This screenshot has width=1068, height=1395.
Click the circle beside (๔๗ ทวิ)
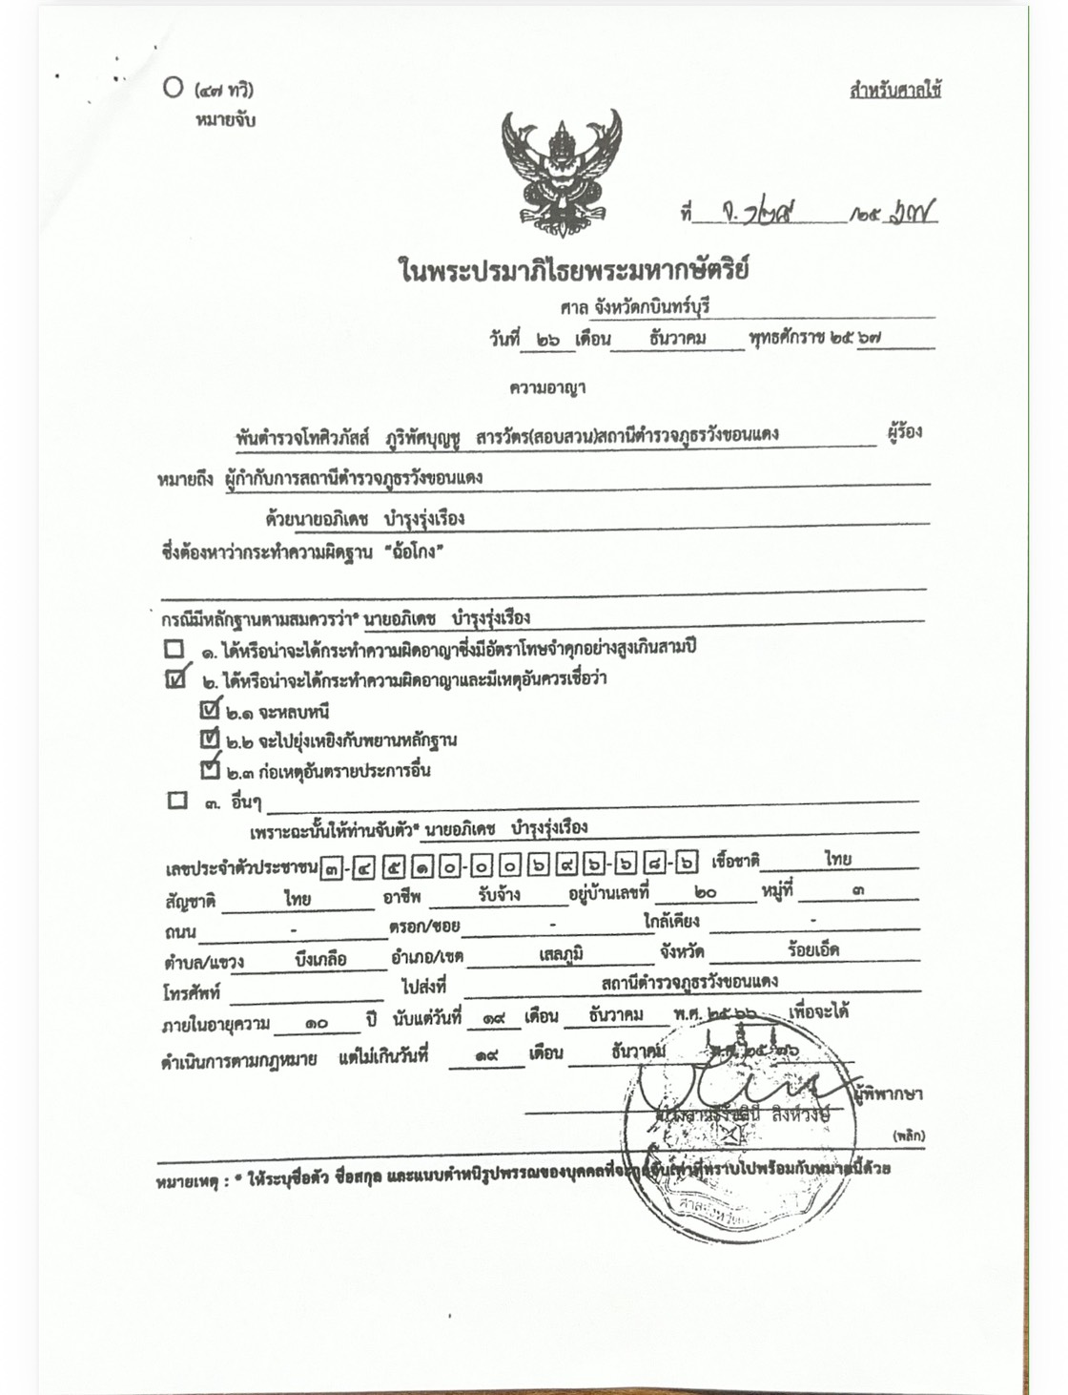[173, 88]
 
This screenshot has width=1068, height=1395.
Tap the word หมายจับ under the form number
[225, 120]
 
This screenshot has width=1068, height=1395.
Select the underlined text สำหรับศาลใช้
[894, 91]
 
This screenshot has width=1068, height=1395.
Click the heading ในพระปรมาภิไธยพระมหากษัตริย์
[574, 270]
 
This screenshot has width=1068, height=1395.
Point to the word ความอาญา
[547, 387]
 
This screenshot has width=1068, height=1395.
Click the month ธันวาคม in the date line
[677, 338]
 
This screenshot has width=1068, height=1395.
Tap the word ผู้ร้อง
[903, 431]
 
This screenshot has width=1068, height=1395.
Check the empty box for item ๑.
[174, 649]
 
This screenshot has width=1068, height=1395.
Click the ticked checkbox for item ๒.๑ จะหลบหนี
[211, 709]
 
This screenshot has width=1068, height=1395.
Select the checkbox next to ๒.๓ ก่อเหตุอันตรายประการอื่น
[210, 768]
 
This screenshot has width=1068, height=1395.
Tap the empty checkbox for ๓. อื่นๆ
[177, 800]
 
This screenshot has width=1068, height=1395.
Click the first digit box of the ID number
[331, 867]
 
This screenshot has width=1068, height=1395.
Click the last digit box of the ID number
[686, 864]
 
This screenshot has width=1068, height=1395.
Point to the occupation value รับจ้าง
[499, 895]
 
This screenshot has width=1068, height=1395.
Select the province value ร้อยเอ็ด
[812, 950]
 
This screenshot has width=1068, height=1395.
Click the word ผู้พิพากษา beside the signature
[889, 1093]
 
